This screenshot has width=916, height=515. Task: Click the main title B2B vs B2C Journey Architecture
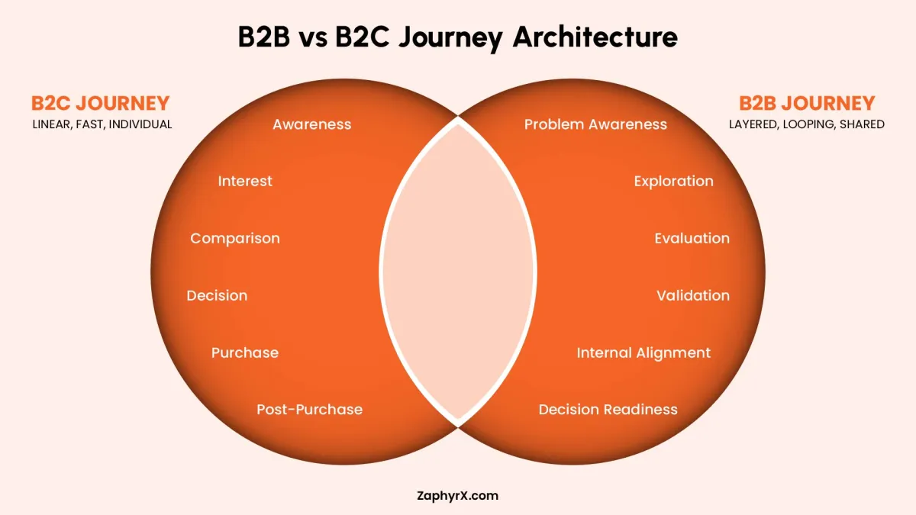pyautogui.click(x=457, y=37)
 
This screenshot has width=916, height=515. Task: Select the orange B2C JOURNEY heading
pyautogui.click(x=100, y=103)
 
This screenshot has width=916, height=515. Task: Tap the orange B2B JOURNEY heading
pyautogui.click(x=807, y=103)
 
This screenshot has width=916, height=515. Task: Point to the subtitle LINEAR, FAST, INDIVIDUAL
pyautogui.click(x=102, y=124)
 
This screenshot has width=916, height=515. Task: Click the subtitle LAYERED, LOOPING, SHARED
pyautogui.click(x=808, y=124)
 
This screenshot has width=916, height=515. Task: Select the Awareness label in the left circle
pyautogui.click(x=311, y=124)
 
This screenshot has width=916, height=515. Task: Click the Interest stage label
pyautogui.click(x=245, y=181)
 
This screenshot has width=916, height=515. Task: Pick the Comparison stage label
pyautogui.click(x=235, y=238)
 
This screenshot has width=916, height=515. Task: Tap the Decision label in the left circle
pyautogui.click(x=217, y=295)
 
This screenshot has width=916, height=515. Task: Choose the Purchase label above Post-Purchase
pyautogui.click(x=245, y=352)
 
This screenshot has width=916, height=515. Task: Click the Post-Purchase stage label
pyautogui.click(x=309, y=410)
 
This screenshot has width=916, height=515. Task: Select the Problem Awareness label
pyautogui.click(x=595, y=124)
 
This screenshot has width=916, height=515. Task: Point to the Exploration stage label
pyautogui.click(x=673, y=181)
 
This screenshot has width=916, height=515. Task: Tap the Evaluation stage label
pyautogui.click(x=692, y=238)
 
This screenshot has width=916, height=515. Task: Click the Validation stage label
pyautogui.click(x=693, y=295)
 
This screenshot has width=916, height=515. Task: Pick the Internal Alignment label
pyautogui.click(x=643, y=352)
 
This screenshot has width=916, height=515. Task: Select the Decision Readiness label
pyautogui.click(x=608, y=410)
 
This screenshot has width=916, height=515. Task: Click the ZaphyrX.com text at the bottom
pyautogui.click(x=458, y=496)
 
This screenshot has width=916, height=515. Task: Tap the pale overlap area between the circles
pyautogui.click(x=458, y=271)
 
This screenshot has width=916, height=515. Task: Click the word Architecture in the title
pyautogui.click(x=595, y=37)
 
